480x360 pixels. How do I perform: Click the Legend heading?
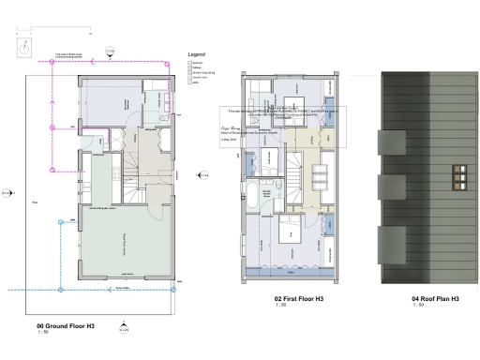click(196, 54)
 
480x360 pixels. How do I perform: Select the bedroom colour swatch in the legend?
click(190, 62)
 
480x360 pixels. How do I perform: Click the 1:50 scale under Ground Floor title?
click(43, 330)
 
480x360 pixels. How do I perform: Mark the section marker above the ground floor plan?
click(110, 51)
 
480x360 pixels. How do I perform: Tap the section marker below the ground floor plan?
click(122, 327)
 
